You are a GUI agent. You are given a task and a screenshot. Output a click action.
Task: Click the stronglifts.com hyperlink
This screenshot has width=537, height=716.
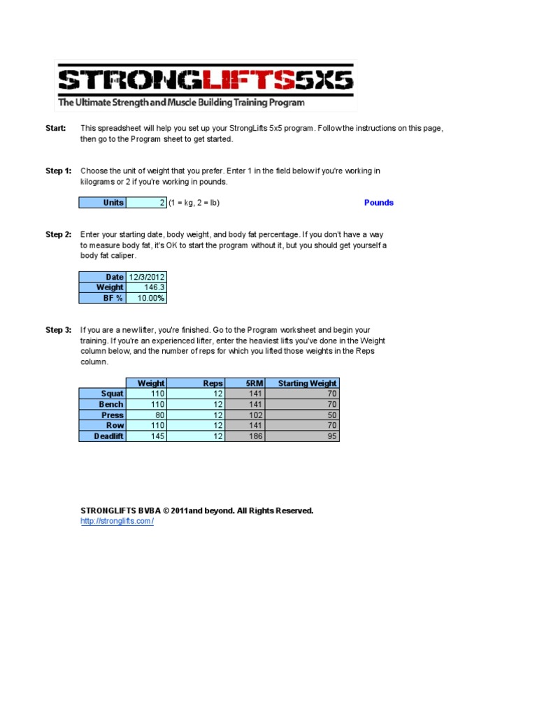pos(117,522)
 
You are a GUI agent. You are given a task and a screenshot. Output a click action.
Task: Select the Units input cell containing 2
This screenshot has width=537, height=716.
pos(146,203)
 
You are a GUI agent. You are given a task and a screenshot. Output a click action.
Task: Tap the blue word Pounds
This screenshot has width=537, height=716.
pos(378,203)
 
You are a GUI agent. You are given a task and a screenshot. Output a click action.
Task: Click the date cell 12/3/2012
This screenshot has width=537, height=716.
pos(146,277)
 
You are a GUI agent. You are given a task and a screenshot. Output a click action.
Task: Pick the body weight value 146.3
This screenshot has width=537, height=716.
pos(146,287)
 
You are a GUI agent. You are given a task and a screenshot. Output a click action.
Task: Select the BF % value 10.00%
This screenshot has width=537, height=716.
pos(146,298)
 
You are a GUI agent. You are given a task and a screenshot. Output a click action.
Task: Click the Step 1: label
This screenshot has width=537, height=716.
pos(58,171)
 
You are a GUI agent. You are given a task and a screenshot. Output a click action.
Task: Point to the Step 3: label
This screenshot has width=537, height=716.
pos(58,330)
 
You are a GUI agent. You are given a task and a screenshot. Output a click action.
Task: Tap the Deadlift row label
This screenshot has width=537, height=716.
pos(102,436)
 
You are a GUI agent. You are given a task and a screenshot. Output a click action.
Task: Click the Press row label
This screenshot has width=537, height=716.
pos(102,415)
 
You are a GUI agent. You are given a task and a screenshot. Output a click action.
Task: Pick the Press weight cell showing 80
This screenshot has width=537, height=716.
pos(146,415)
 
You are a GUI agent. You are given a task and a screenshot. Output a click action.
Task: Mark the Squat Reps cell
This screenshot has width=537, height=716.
pos(196,394)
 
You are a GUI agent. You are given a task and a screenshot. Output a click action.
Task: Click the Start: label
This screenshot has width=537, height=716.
pos(56,129)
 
